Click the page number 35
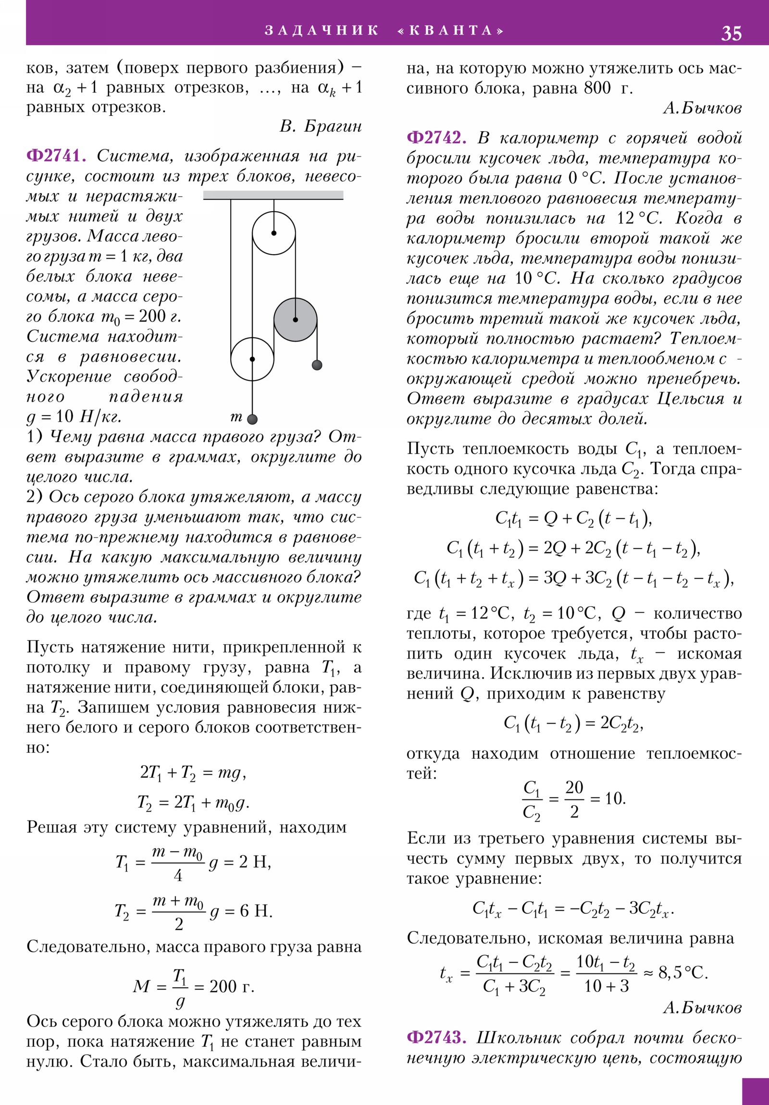[x=731, y=33]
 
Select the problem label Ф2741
[x=56, y=156]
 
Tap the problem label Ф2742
[x=436, y=138]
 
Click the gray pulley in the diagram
[x=295, y=319]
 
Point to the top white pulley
[x=273, y=233]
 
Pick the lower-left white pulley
[x=252, y=359]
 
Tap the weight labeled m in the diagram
[x=252, y=419]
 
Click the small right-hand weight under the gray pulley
[x=317, y=365]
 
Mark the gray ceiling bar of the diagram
[x=273, y=195]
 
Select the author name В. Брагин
[x=320, y=126]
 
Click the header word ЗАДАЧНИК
[x=322, y=30]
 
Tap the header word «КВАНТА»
[x=451, y=30]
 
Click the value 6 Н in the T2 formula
[x=256, y=910]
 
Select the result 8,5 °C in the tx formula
[x=682, y=973]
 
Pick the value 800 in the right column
[x=597, y=88]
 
